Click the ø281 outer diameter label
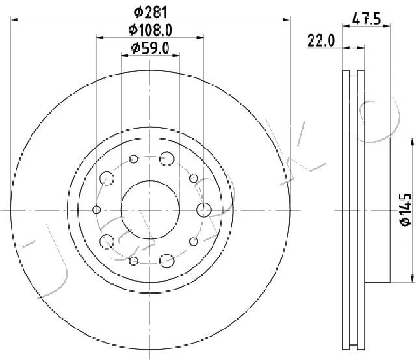click(150, 12)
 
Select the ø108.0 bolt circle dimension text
click(150, 31)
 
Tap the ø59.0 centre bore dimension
click(150, 49)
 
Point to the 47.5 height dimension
click(367, 19)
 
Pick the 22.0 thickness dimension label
click(321, 41)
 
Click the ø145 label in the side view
click(406, 210)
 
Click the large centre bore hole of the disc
click(150, 210)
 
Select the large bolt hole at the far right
click(204, 210)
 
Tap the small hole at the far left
click(96, 210)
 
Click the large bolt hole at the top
click(167, 159)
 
